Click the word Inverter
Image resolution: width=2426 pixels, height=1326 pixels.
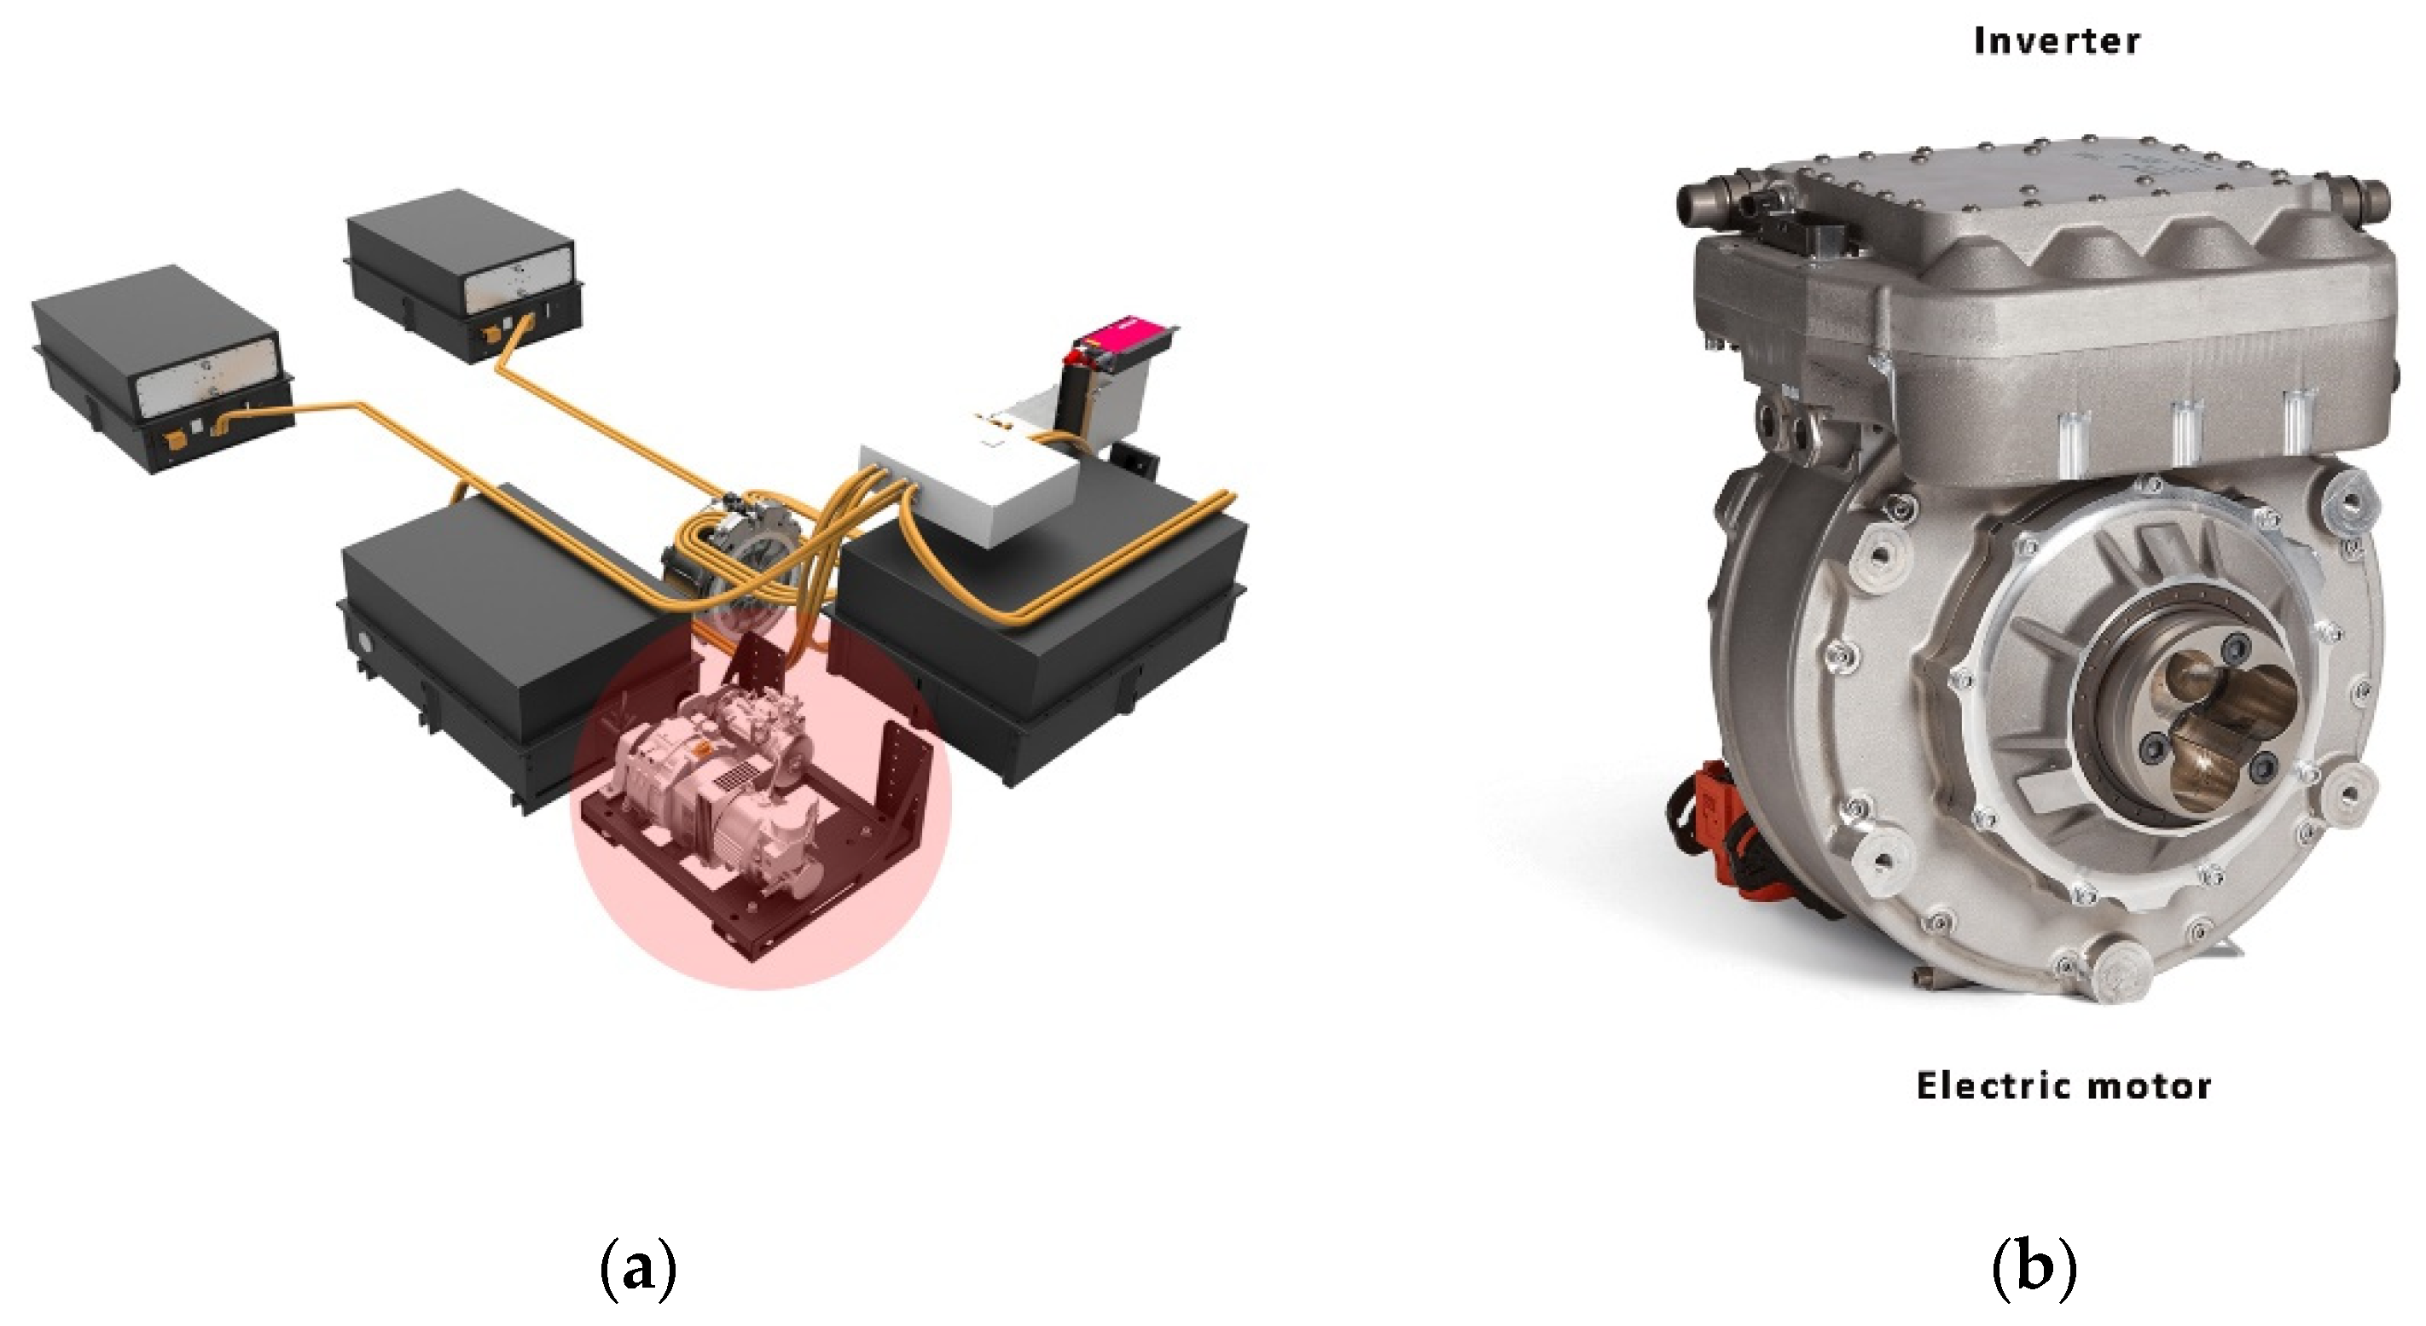click(x=2056, y=42)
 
